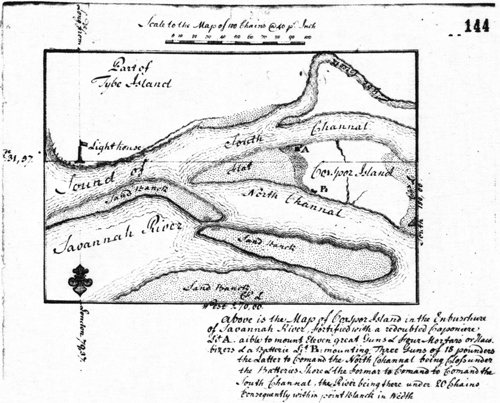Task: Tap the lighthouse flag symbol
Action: [83, 144]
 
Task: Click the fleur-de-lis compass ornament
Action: [80, 279]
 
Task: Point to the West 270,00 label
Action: [229, 305]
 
